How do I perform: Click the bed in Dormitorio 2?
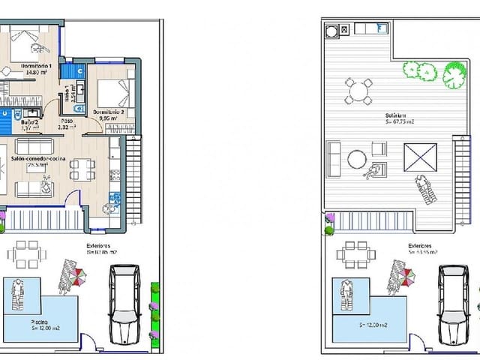point(111,91)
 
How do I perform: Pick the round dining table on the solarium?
point(358,91)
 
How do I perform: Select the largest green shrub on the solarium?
point(454,74)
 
